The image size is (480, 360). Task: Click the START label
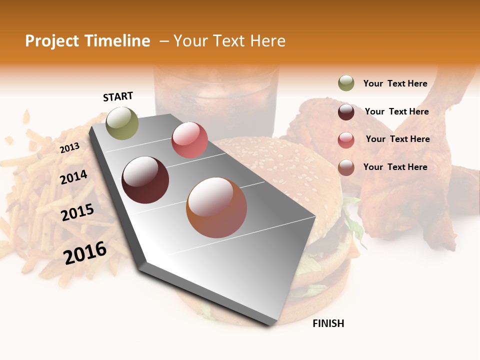[x=118, y=96]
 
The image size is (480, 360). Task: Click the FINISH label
[x=328, y=323]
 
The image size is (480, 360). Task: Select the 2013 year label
[x=70, y=148]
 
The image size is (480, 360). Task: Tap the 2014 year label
[x=74, y=177]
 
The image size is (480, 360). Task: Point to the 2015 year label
[x=77, y=212]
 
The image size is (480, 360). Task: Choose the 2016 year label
[x=85, y=252]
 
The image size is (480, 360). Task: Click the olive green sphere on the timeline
[x=122, y=123]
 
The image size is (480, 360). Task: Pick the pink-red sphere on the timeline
[x=189, y=140]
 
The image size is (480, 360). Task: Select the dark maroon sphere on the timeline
[x=145, y=180]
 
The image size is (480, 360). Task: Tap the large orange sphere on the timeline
[x=216, y=207]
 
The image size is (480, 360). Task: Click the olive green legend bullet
[x=346, y=83]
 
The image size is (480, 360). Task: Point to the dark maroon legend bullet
[x=346, y=111]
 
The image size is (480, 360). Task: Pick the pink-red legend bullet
[x=346, y=140]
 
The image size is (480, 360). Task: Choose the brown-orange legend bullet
[x=346, y=167]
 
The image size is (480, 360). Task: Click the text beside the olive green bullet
[x=395, y=83]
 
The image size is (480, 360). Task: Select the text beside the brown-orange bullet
[x=395, y=167]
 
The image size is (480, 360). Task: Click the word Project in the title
[x=52, y=41]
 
